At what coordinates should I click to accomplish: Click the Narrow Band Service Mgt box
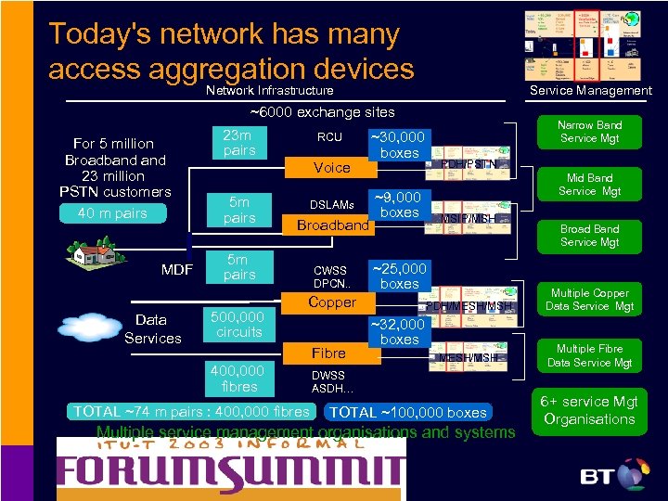click(x=590, y=133)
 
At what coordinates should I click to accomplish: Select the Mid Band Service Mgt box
click(x=590, y=185)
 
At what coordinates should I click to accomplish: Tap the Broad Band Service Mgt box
click(x=590, y=236)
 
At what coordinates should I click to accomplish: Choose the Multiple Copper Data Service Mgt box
click(x=590, y=299)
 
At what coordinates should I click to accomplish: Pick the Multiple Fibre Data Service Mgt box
click(x=590, y=355)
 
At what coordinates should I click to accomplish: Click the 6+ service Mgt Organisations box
click(x=590, y=410)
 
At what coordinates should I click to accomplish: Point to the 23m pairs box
click(x=239, y=143)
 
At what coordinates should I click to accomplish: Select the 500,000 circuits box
click(x=239, y=325)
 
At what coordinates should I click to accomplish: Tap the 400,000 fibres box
click(x=239, y=378)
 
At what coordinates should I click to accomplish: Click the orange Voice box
click(x=331, y=167)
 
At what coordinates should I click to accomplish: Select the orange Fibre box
click(x=328, y=353)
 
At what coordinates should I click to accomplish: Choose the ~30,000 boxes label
click(x=399, y=145)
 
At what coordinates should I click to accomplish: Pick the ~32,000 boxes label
click(x=399, y=332)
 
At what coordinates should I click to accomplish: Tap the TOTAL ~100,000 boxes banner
click(x=409, y=412)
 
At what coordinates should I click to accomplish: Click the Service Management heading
click(x=590, y=90)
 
